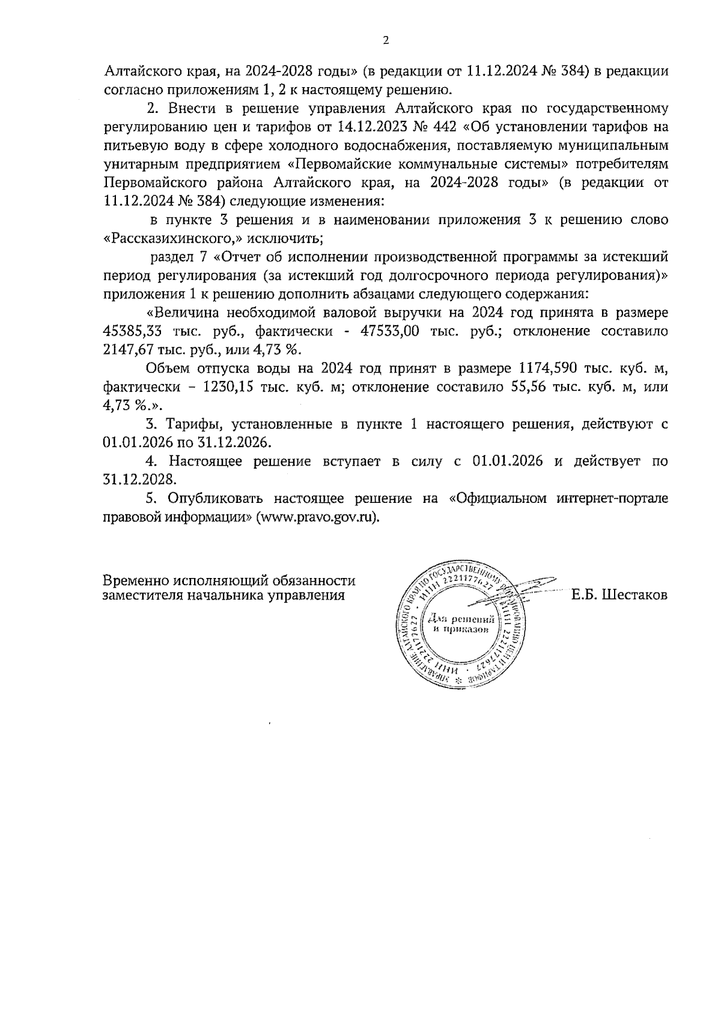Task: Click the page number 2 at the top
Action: (386, 41)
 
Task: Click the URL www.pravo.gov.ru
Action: (318, 517)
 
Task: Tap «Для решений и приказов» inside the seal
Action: (460, 624)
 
